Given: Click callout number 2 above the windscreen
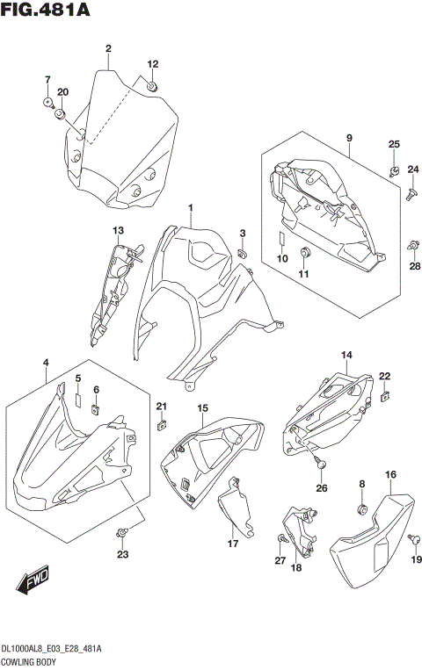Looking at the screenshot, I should click(x=107, y=48).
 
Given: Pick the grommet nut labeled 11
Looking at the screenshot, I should click(x=305, y=254).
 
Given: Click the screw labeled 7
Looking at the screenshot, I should click(x=47, y=103).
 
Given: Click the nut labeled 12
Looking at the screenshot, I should click(x=152, y=86).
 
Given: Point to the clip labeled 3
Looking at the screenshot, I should click(x=243, y=254).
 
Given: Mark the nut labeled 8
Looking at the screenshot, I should click(x=361, y=508).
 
